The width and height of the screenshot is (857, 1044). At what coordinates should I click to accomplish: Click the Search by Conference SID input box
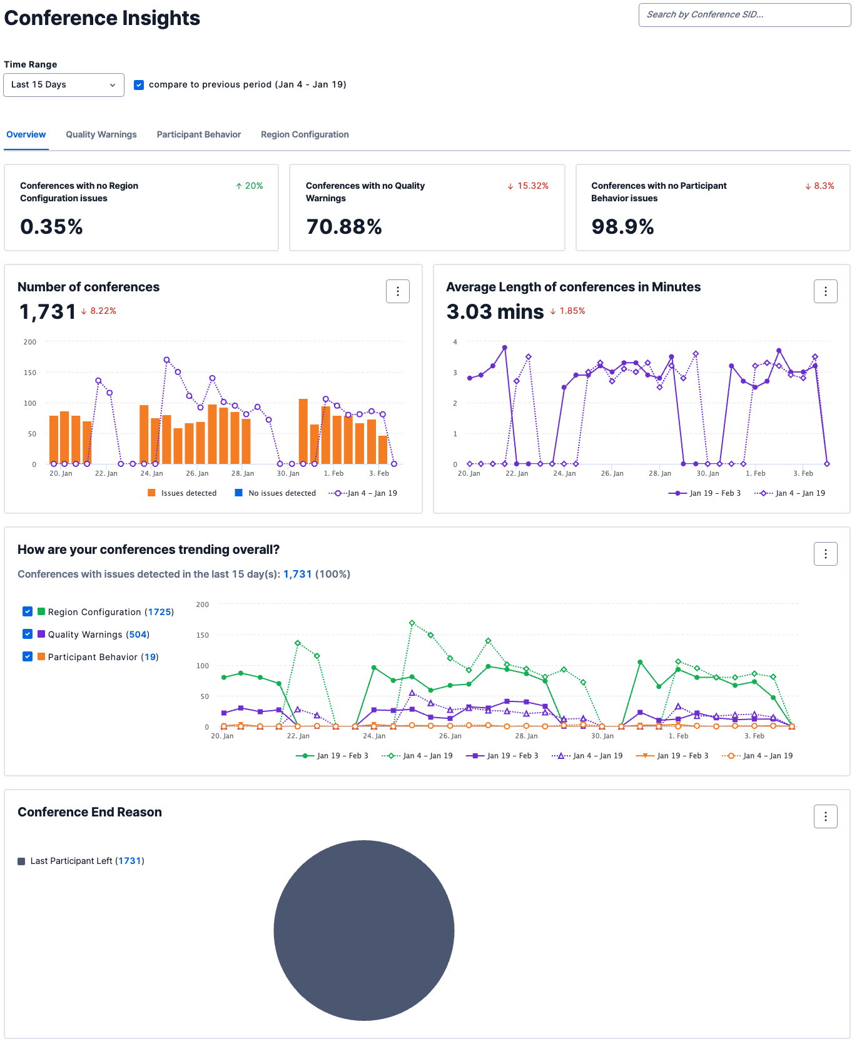tap(744, 15)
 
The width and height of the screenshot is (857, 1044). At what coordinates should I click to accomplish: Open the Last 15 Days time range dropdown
tap(63, 85)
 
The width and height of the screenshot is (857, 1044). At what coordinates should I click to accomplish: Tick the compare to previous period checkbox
tap(139, 85)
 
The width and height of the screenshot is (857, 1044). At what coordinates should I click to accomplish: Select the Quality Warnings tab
tap(101, 134)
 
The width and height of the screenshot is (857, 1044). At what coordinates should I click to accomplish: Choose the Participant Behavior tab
tap(198, 134)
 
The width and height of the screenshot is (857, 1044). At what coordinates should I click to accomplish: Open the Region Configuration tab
tap(305, 134)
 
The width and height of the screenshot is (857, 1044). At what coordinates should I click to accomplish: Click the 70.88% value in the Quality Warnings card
tap(343, 227)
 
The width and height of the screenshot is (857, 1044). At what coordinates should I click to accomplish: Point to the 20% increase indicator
tap(250, 186)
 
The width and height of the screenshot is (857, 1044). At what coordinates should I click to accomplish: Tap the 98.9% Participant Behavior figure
tap(622, 227)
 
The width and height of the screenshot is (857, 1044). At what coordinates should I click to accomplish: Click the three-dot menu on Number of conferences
tap(398, 291)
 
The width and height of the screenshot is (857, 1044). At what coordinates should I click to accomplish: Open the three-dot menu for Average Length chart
tap(825, 291)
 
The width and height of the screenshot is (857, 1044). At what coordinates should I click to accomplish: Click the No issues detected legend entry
tap(275, 493)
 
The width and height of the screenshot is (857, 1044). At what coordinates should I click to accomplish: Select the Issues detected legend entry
tap(182, 493)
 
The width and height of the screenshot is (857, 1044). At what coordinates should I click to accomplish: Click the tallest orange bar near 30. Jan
tap(303, 431)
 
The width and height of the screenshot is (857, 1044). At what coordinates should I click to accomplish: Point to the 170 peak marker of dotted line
tap(167, 360)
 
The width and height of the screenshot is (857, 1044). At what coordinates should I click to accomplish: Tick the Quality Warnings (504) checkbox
tap(28, 634)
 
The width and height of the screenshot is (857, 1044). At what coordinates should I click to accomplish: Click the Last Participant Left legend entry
tap(81, 861)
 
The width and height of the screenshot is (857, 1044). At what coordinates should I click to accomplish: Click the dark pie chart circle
tap(364, 930)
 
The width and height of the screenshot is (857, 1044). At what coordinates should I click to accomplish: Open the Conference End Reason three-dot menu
tap(825, 816)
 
